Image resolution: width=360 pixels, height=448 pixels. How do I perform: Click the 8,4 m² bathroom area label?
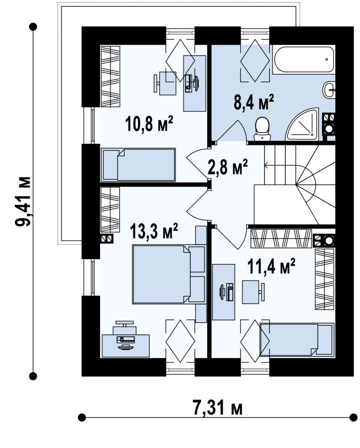[x=254, y=102]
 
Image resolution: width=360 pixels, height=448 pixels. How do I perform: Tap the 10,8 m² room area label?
[x=149, y=124]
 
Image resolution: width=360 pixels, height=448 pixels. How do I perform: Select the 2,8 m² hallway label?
[x=228, y=166]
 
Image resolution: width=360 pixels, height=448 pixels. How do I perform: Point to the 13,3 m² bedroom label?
[x=154, y=231]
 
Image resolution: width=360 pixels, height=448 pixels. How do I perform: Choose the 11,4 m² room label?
[x=271, y=266]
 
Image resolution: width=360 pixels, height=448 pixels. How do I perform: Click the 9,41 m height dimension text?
[x=23, y=201]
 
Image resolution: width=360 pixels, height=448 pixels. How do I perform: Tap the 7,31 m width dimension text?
[x=218, y=408]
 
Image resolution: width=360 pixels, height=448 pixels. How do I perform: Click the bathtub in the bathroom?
[x=304, y=60]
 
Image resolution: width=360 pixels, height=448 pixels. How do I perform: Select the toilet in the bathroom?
[x=262, y=129]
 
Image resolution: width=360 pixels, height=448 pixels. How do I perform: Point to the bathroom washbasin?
[x=329, y=89]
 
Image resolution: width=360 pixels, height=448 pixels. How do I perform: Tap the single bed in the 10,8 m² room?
[x=138, y=165]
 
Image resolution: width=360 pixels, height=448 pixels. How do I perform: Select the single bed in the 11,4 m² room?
[x=297, y=340]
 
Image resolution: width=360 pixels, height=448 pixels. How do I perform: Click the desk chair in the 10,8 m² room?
[x=165, y=83]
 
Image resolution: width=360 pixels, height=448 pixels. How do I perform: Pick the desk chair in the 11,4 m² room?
[x=253, y=292]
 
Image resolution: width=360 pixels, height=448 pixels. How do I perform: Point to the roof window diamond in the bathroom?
[x=255, y=60]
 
